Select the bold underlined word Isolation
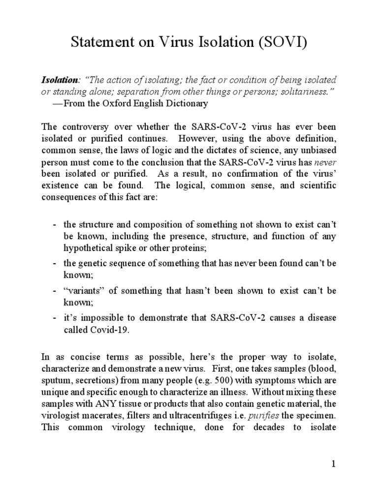pos(59,80)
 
